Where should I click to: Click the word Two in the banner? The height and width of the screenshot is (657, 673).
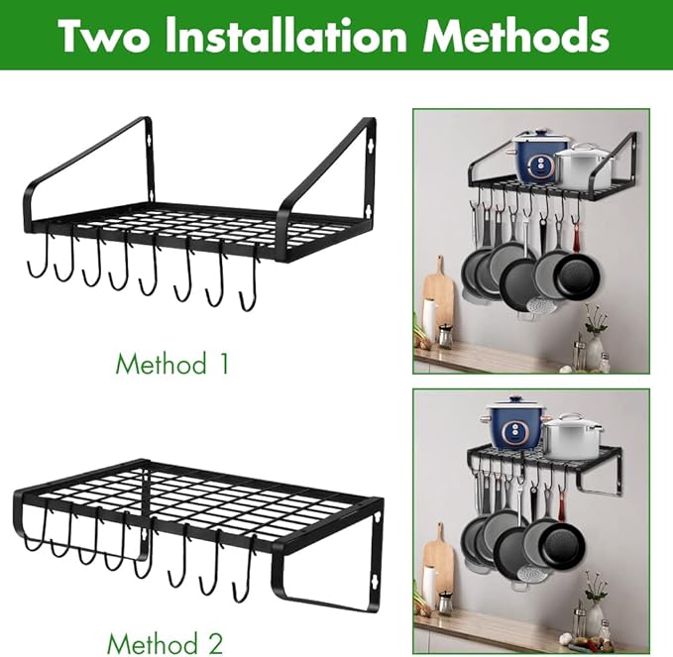tap(104, 36)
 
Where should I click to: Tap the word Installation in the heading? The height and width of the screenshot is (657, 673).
tap(285, 35)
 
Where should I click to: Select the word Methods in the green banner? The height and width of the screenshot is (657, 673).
tap(515, 35)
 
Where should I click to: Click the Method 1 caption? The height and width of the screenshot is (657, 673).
tap(172, 364)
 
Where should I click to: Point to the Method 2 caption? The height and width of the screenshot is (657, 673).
tap(166, 644)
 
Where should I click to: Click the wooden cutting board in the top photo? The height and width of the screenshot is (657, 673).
tap(438, 296)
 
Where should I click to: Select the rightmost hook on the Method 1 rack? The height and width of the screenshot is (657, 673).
tap(249, 283)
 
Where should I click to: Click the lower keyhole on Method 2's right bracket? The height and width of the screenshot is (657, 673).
tap(375, 584)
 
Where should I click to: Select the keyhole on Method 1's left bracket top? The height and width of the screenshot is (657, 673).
tap(149, 140)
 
